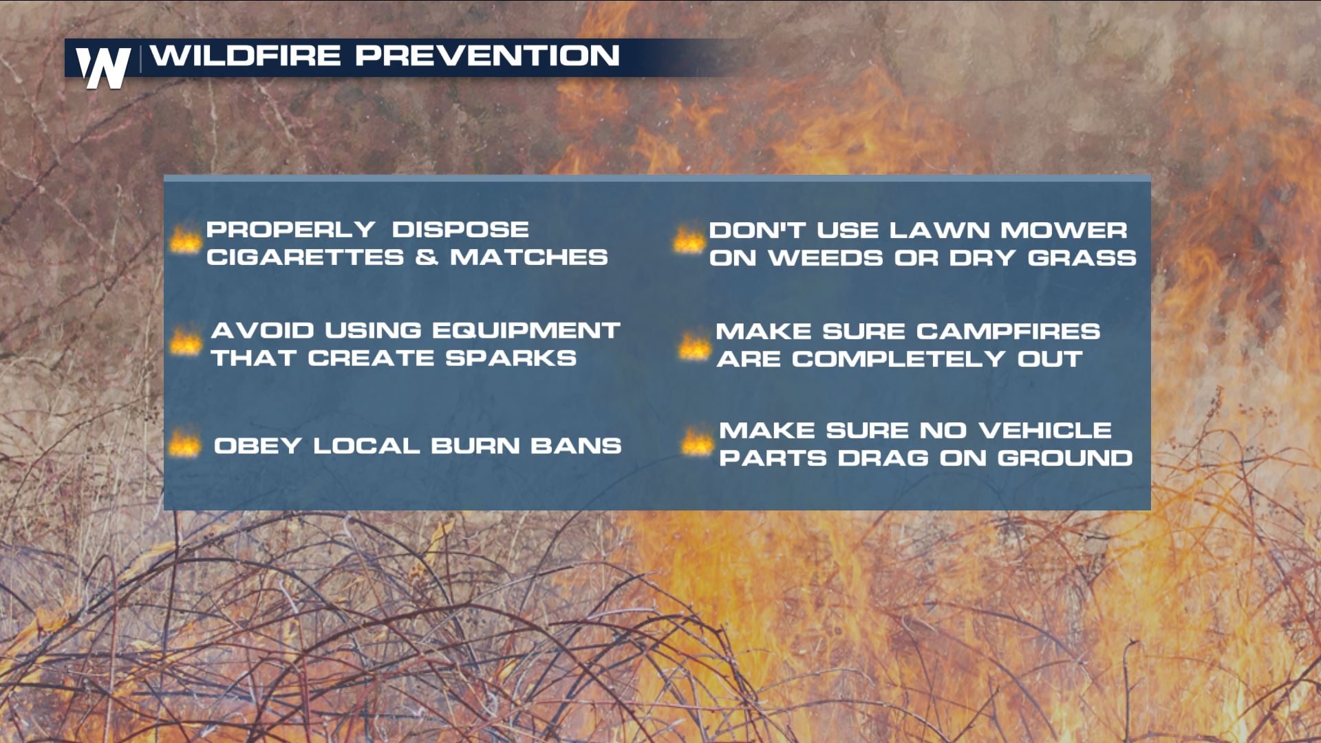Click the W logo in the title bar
coord(103,67)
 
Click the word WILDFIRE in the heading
coord(246,56)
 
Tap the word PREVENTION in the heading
coord(488,56)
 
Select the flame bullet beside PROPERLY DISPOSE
coord(185,241)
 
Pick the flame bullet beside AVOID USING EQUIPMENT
coord(186,342)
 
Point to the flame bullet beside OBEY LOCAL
coord(184,444)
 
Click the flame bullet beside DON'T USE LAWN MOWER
coord(689,239)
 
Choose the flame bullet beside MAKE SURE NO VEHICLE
coord(697,442)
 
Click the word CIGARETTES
coord(305,257)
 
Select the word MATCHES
coord(529,257)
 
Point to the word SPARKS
coord(511,358)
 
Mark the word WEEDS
coord(826,258)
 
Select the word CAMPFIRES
coord(1009,332)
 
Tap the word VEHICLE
coord(1045,431)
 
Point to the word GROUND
coord(1065,458)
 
